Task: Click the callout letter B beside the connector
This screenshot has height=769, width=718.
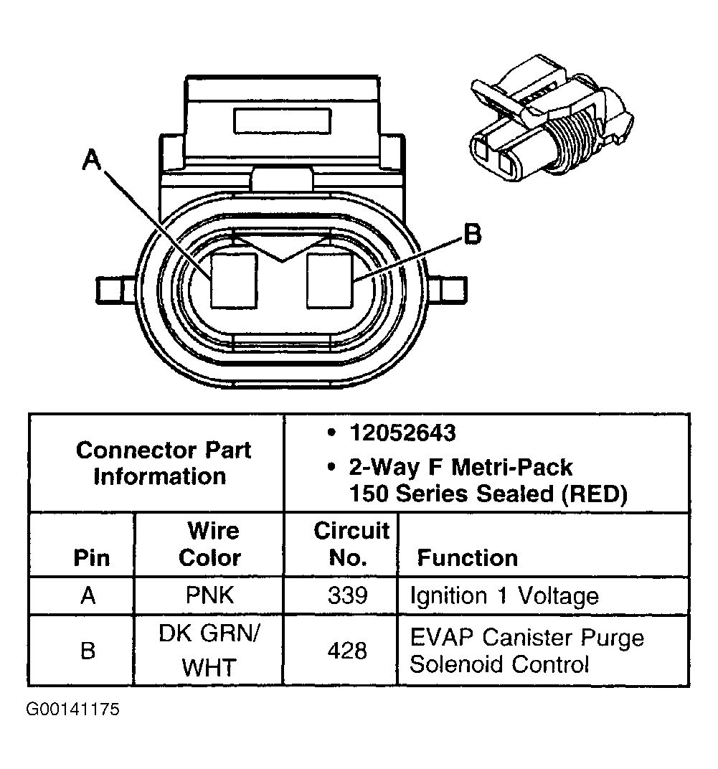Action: (x=471, y=234)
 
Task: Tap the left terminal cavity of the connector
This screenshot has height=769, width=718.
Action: (x=234, y=280)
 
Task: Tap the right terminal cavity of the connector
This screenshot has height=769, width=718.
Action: (x=329, y=280)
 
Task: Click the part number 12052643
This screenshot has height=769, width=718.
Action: (x=402, y=433)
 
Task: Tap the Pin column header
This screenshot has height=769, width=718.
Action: (x=92, y=558)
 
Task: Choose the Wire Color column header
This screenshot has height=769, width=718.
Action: (x=210, y=544)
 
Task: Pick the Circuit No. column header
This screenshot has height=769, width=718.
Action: (x=351, y=544)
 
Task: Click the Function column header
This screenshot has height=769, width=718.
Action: (x=467, y=558)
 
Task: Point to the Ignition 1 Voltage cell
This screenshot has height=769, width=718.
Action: (x=504, y=596)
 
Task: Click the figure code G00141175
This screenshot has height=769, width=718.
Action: (x=73, y=710)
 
